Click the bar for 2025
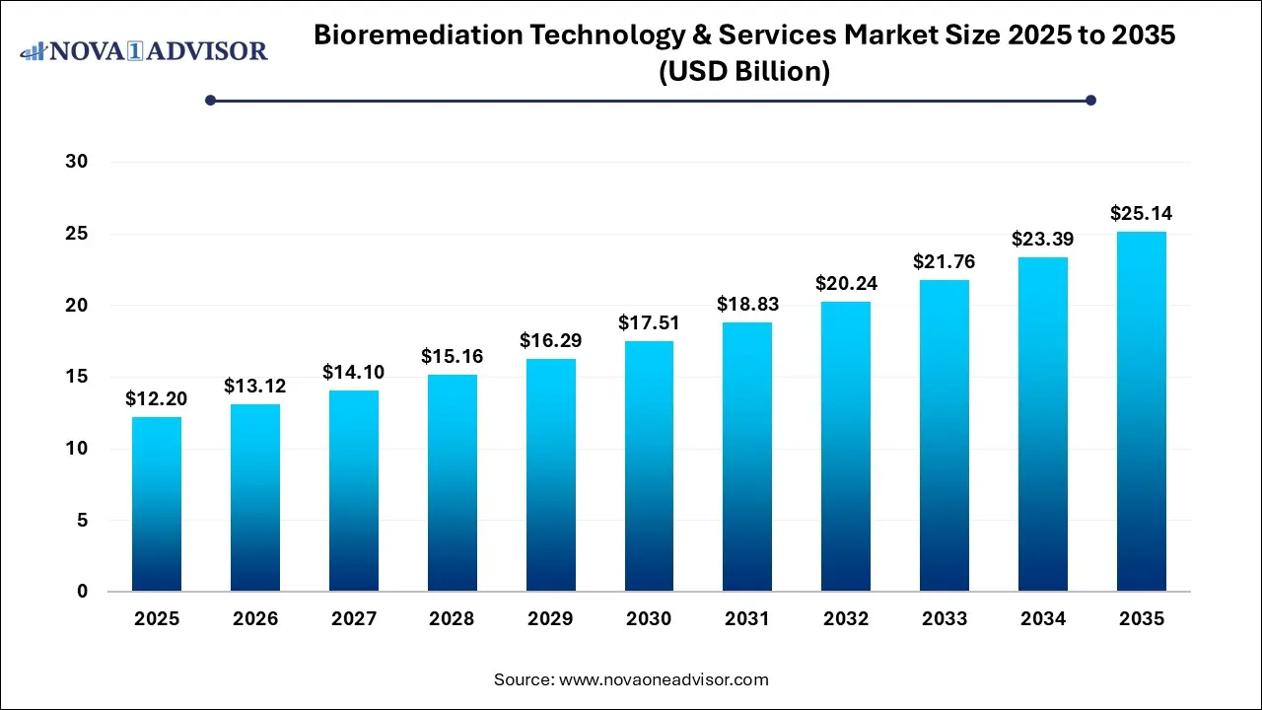pyautogui.click(x=157, y=504)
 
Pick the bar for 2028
pyautogui.click(x=452, y=482)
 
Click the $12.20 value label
pyautogui.click(x=157, y=399)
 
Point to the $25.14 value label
pyautogui.click(x=1142, y=214)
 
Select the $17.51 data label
pyautogui.click(x=649, y=323)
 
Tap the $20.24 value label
pyautogui.click(x=846, y=284)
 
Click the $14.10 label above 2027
pyautogui.click(x=354, y=373)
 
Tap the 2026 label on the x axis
pyautogui.click(x=255, y=619)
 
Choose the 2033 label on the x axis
pyautogui.click(x=945, y=619)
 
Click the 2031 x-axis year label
pyautogui.click(x=747, y=619)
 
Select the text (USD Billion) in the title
pyautogui.click(x=744, y=71)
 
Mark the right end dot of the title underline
pyautogui.click(x=1090, y=100)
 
